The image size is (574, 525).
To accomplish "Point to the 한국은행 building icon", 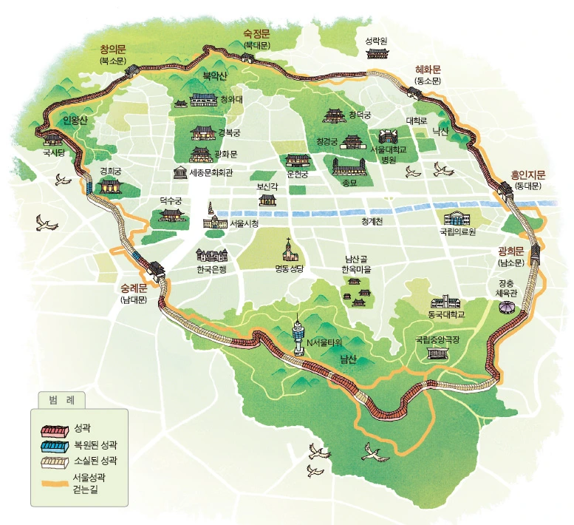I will coord(211,255).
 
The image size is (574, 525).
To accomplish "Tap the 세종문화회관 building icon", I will coord(180,173).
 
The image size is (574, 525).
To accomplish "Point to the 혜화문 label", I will coord(428,70).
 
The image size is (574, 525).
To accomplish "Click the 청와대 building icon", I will coord(203,100).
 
